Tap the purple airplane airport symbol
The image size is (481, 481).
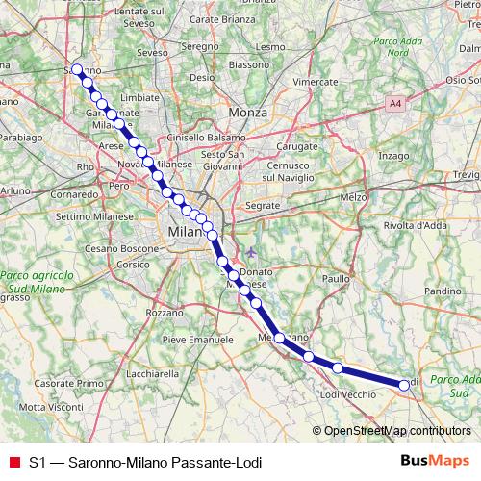pos(251,252)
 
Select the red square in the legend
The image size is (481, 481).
pos(13,462)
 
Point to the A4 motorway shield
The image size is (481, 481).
pos(395,102)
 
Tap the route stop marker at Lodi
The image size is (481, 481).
pos(404,385)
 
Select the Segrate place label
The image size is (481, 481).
pos(262,207)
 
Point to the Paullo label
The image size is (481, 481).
pos(337,278)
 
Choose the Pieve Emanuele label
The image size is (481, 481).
pos(198,340)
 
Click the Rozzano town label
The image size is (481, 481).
pos(164,313)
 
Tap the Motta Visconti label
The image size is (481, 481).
pos(45,408)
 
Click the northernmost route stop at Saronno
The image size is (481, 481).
pos(77,69)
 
